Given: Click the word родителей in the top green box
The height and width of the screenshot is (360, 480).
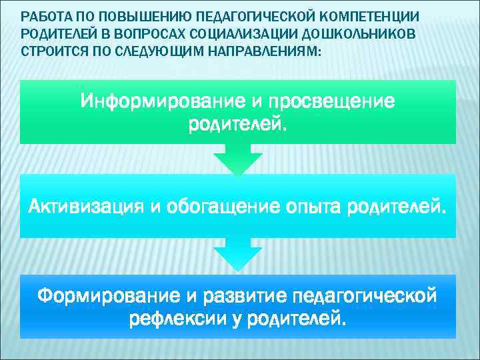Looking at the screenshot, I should click(x=238, y=125).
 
